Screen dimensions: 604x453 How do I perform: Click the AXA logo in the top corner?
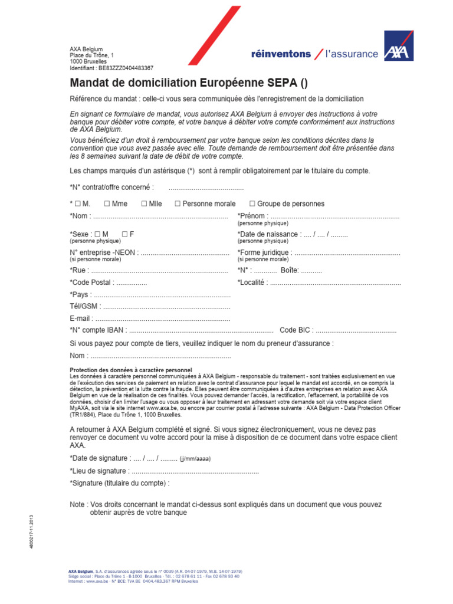coord(399,46)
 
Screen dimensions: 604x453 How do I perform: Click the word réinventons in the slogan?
coord(281,54)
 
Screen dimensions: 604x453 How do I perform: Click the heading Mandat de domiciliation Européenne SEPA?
coord(189,83)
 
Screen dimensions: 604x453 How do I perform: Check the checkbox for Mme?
coord(107,203)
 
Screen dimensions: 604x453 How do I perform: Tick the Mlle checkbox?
coord(144,203)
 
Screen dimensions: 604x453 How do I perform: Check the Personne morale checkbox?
coord(178,203)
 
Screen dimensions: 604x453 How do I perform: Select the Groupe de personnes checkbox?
coord(252,203)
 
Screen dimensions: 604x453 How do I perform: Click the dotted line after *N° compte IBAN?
coord(201,330)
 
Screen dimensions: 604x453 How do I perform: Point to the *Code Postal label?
coord(91,283)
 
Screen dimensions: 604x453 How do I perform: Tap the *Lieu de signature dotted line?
coord(195,471)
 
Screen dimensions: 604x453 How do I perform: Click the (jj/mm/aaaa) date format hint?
coord(195,459)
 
